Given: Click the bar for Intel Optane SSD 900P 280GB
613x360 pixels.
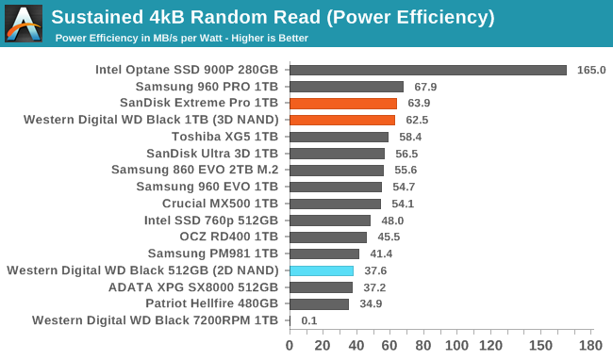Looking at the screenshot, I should click(427, 70).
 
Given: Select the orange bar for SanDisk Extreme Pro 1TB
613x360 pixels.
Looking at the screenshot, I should click(343, 103).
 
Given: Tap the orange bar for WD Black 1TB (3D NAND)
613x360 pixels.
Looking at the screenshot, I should click(341, 120).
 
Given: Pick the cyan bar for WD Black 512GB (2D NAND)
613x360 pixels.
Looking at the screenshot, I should click(321, 270).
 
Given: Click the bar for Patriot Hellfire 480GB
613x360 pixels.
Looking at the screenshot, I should click(319, 304).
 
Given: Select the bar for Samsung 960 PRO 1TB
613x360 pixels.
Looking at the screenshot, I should click(346, 87).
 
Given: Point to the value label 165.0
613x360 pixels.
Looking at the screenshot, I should click(590, 70).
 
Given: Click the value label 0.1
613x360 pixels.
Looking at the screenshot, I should click(308, 321).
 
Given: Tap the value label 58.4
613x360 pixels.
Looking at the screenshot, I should click(409, 137).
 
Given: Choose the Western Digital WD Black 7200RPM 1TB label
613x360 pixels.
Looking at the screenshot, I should click(155, 321).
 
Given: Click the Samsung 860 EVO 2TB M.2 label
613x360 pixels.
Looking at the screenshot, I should click(194, 170).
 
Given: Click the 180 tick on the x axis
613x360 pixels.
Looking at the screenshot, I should click(590, 345).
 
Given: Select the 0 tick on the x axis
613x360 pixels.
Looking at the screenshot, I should click(290, 345).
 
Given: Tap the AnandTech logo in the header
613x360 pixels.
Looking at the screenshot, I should click(24, 24).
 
